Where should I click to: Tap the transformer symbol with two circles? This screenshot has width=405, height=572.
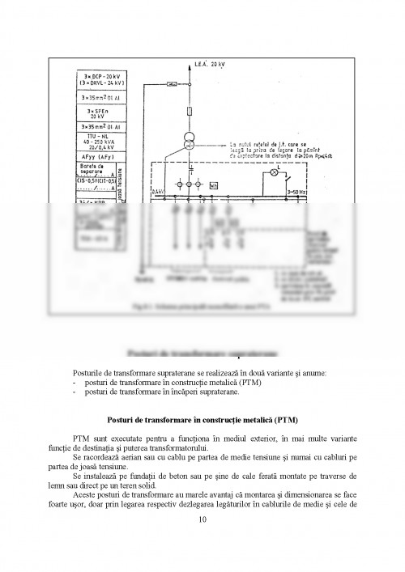point(188,138)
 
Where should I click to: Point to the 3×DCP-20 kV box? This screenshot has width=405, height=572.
point(101,78)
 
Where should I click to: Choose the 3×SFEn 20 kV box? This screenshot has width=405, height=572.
point(101,112)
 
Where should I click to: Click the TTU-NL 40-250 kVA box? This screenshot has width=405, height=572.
point(101,142)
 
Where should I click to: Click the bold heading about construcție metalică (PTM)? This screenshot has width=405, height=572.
point(202,420)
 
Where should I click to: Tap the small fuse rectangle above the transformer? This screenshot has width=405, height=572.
point(188,111)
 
